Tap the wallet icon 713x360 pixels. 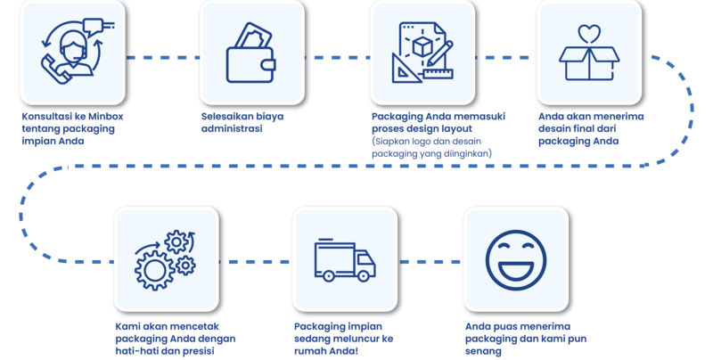click(x=251, y=54)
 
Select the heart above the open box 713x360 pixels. click(x=588, y=34)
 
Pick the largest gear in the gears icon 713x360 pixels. click(x=152, y=269)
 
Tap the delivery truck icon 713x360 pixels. click(x=345, y=259)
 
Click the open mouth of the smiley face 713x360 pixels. click(x=515, y=268)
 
